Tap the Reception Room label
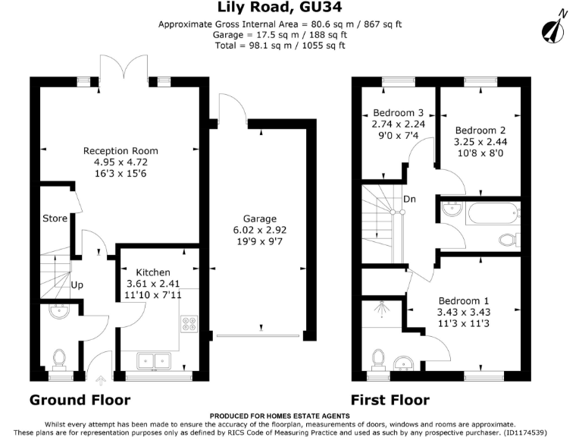[120, 151]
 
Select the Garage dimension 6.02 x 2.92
[260, 230]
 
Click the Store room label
[55, 218]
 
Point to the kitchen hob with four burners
[189, 324]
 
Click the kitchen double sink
[154, 361]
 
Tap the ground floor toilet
[59, 360]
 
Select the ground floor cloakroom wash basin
[59, 312]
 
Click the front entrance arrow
[101, 380]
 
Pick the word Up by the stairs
[77, 285]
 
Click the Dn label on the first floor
[409, 200]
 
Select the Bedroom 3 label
[399, 112]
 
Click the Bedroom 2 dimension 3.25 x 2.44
[480, 142]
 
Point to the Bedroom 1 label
[464, 300]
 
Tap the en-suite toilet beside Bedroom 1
[379, 360]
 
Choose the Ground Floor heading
[80, 401]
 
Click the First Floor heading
[390, 401]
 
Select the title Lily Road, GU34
[280, 7]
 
